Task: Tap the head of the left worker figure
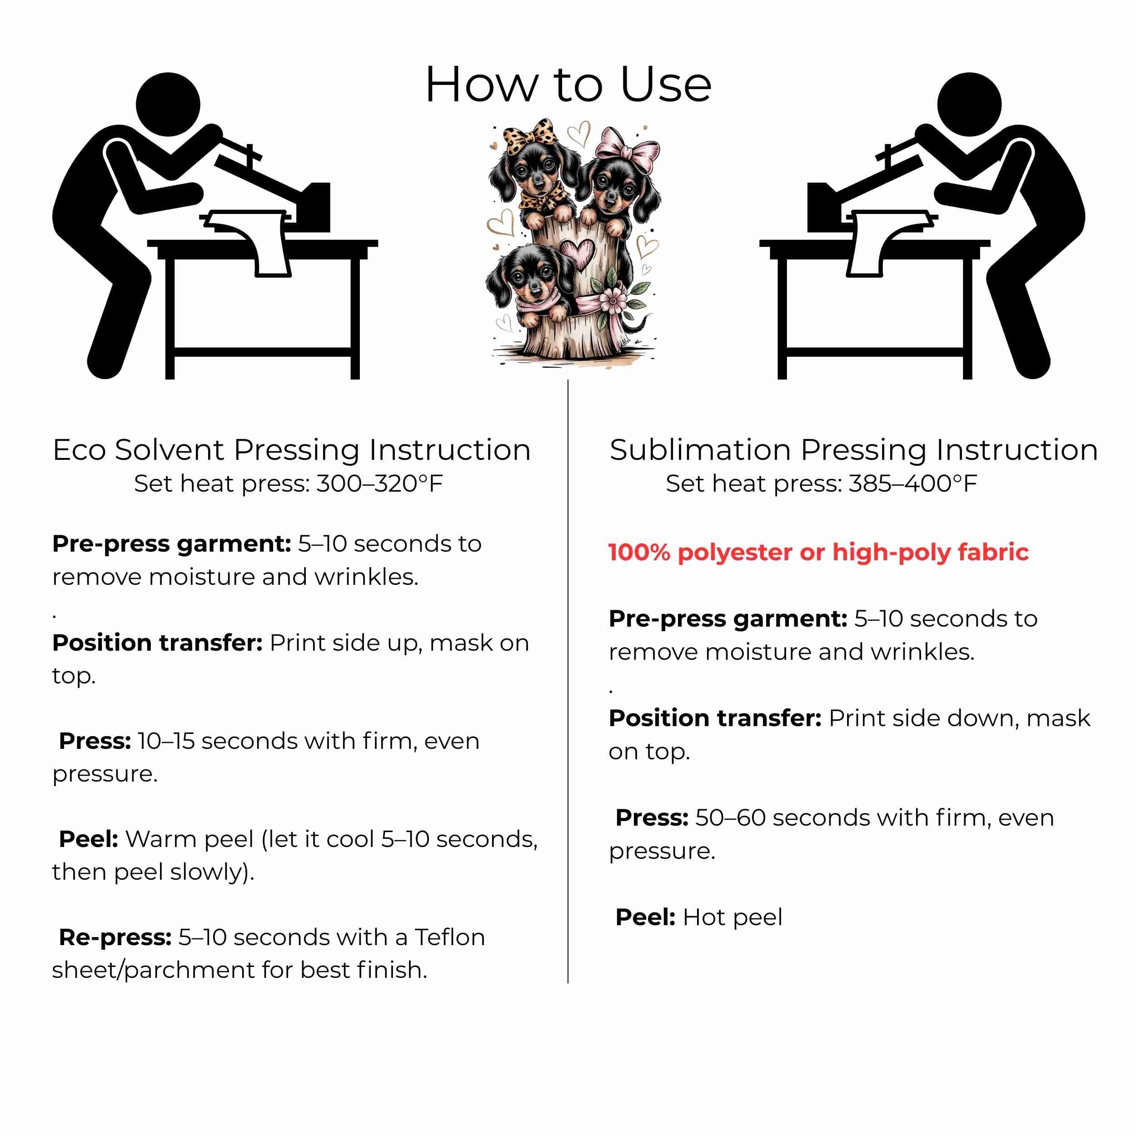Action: point(168,105)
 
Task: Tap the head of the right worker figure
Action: point(969,105)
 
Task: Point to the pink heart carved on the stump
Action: point(578,253)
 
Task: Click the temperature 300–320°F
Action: point(380,484)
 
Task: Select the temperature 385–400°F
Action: point(912,484)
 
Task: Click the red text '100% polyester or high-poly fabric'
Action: point(818,552)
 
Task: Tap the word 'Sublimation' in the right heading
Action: point(700,450)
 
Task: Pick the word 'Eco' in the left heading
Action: point(80,450)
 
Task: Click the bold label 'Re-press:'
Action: point(115,937)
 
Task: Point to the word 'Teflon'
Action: point(450,937)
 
